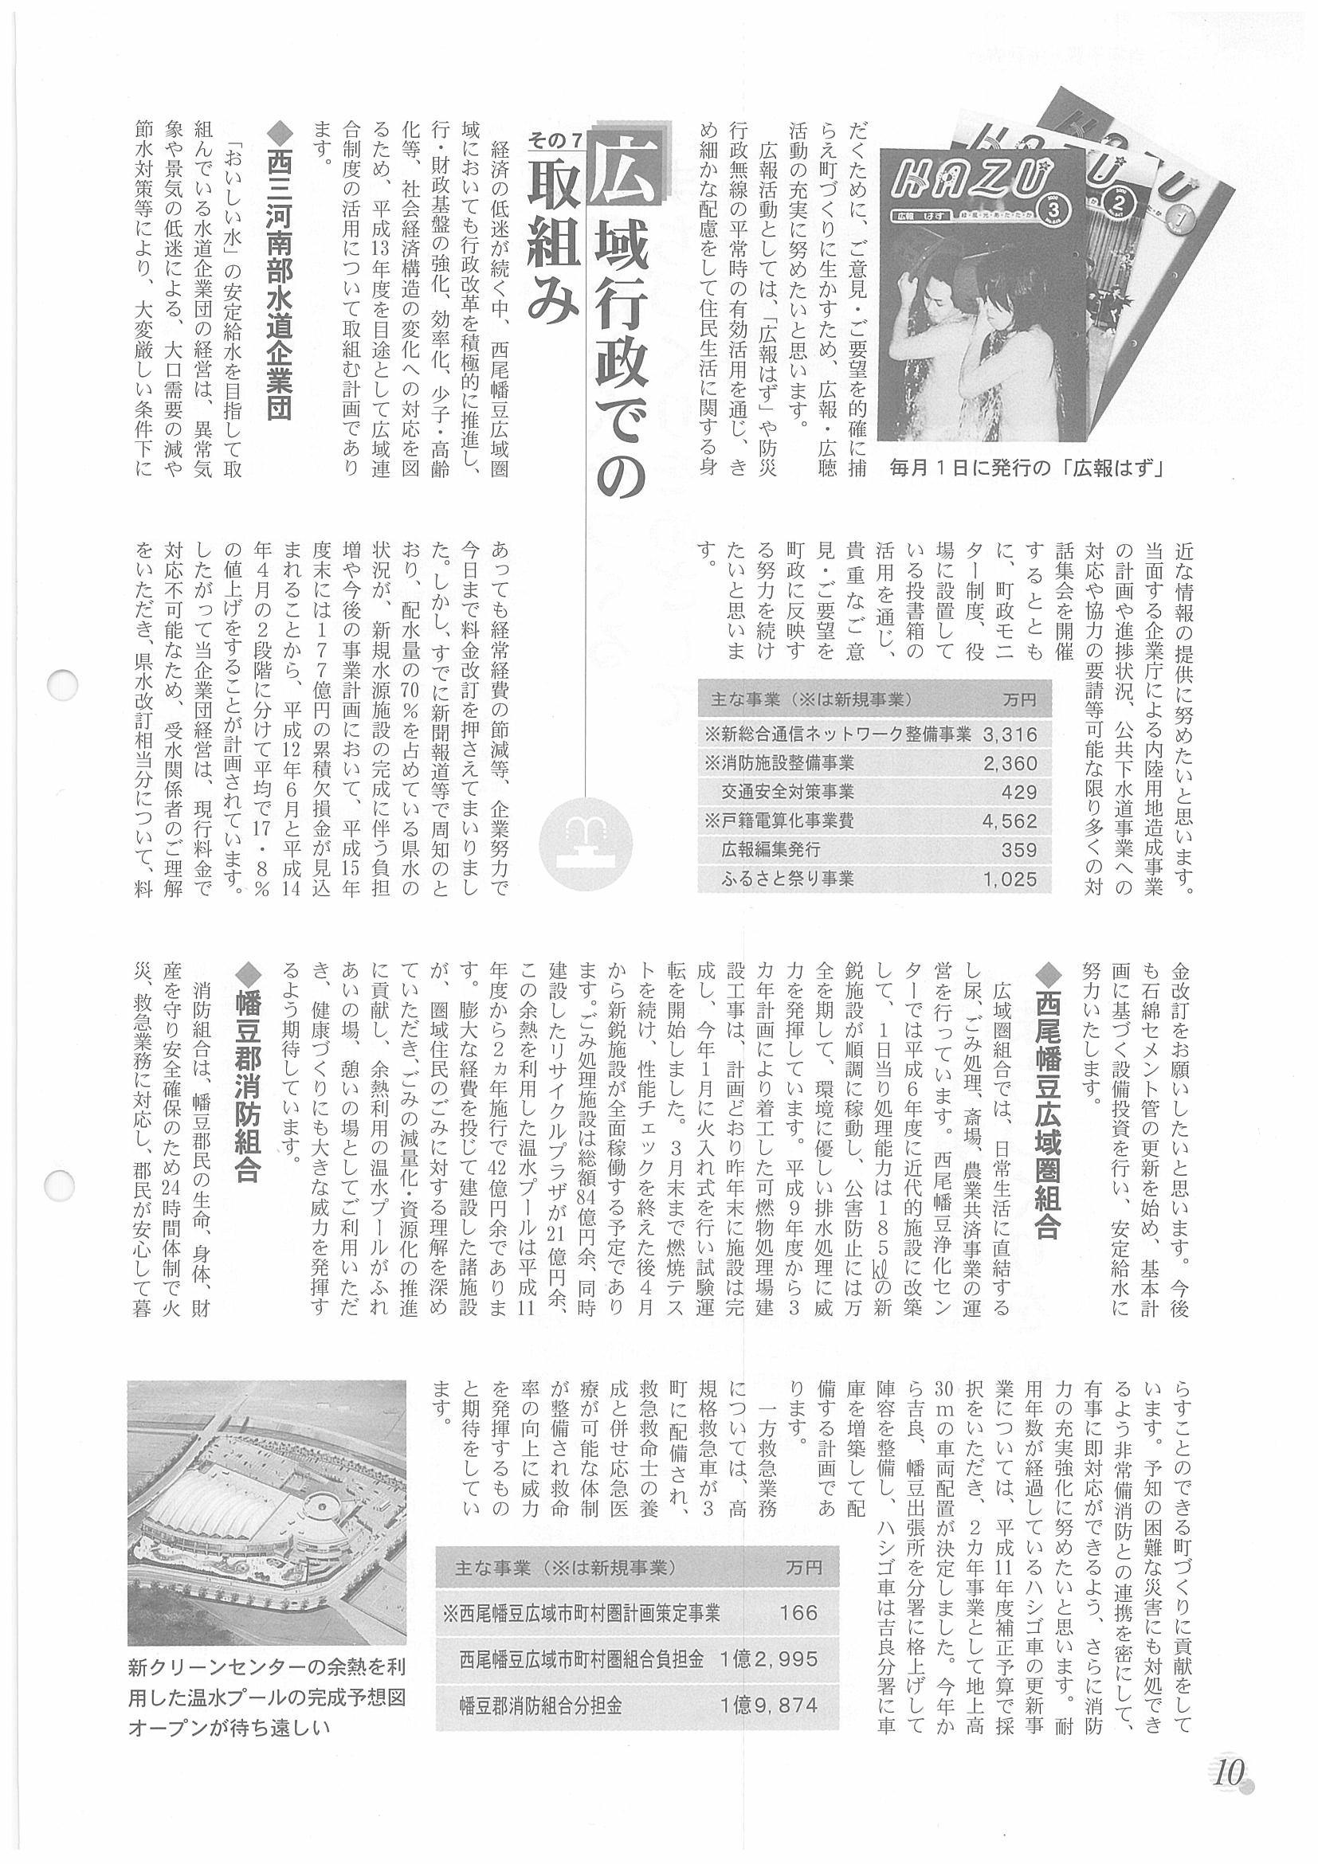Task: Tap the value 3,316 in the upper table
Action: [1010, 734]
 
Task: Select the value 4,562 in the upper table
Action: [1010, 820]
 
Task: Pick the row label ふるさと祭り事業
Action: [787, 879]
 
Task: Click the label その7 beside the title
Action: [555, 139]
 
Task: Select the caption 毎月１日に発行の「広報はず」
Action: [1026, 468]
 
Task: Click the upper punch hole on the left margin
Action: [62, 684]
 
